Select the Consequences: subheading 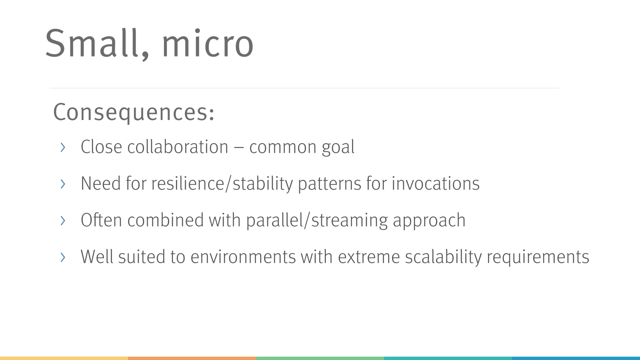pos(134,112)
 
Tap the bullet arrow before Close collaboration pos(63,148)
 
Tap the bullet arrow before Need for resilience pos(63,184)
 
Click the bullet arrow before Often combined pos(63,220)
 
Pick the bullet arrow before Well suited pos(63,257)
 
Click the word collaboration pos(177,147)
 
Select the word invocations pos(435,184)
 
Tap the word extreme pos(368,257)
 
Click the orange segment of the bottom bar pos(192,358)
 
